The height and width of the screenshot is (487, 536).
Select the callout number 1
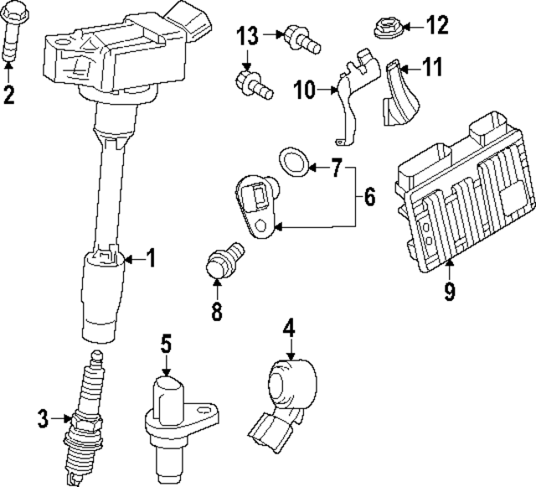pos(151,258)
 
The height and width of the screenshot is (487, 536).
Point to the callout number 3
pos(44,416)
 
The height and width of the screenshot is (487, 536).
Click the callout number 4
pos(288,327)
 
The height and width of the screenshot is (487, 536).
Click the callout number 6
pos(368,198)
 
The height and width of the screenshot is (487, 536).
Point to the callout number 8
pos(216,312)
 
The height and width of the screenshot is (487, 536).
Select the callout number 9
pos(450,293)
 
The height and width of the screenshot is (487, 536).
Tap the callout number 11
pos(431,67)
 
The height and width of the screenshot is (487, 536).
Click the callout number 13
pos(247,35)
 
